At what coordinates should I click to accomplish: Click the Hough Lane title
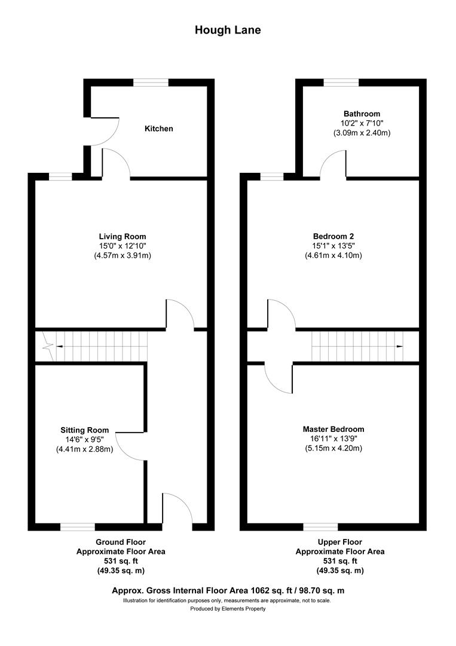(228, 30)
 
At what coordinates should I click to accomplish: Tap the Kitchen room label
(158, 129)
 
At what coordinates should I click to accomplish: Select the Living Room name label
(123, 236)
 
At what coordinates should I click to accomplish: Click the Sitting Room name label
(85, 429)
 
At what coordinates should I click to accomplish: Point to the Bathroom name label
(362, 114)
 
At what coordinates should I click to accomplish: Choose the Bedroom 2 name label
(333, 236)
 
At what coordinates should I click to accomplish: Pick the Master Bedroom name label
(333, 429)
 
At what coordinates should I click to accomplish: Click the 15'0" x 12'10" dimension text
(123, 246)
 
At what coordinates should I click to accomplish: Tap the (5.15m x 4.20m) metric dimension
(333, 448)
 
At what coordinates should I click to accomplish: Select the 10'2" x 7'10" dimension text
(362, 123)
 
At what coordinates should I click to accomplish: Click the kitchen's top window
(151, 83)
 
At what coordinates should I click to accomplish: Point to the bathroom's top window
(341, 83)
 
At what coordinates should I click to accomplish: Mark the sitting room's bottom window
(78, 527)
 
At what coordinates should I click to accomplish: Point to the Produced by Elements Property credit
(228, 609)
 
